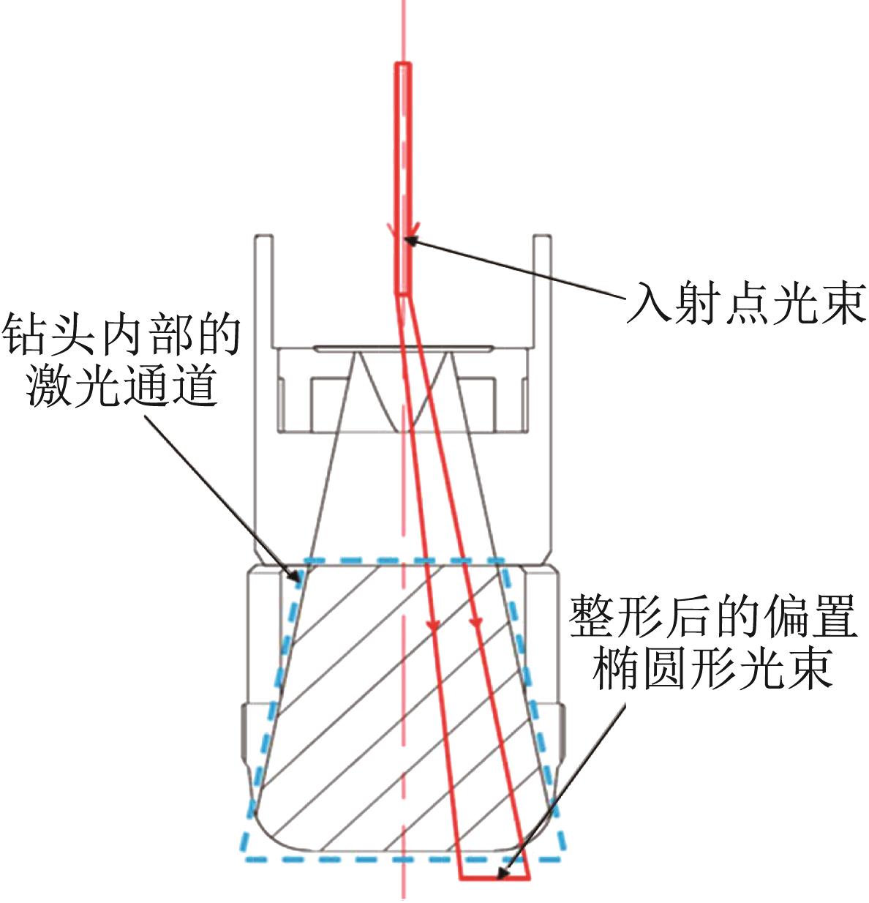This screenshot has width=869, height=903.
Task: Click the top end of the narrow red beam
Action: click(x=403, y=63)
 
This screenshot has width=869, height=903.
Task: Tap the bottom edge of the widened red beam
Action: click(x=494, y=877)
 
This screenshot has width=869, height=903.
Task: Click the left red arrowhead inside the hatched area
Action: click(x=433, y=626)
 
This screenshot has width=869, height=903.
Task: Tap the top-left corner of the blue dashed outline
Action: click(x=306, y=561)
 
